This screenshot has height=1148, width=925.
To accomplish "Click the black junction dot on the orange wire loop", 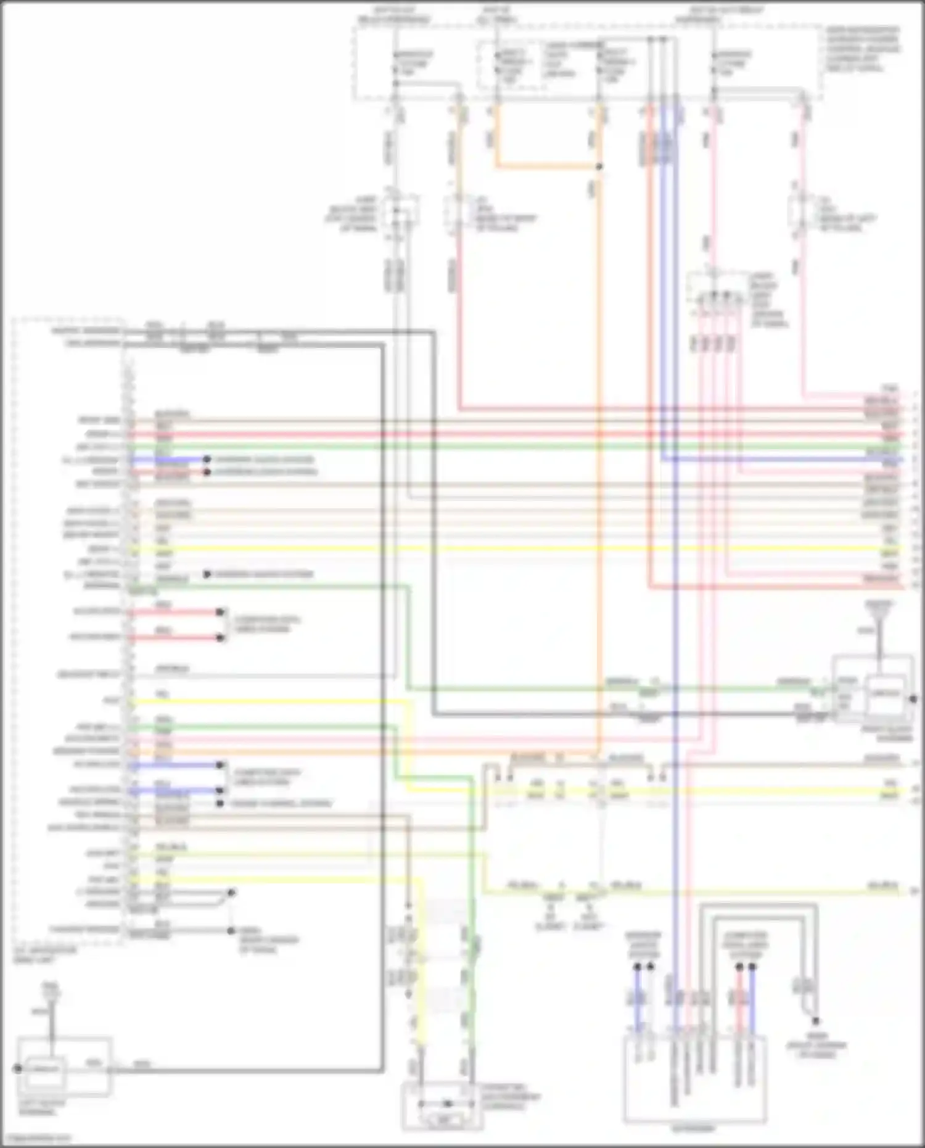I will [x=599, y=167].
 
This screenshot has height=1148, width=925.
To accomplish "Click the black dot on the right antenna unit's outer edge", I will [x=913, y=699].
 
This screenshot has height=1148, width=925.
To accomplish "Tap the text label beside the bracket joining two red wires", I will [x=261, y=624].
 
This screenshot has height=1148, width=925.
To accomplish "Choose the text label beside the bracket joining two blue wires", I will [x=261, y=777].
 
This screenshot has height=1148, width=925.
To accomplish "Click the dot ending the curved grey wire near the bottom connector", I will [x=815, y=1021].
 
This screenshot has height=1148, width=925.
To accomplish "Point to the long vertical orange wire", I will [x=598, y=432].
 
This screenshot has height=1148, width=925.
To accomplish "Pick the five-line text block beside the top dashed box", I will [x=862, y=49].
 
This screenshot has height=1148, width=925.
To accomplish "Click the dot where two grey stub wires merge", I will [x=231, y=893].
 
